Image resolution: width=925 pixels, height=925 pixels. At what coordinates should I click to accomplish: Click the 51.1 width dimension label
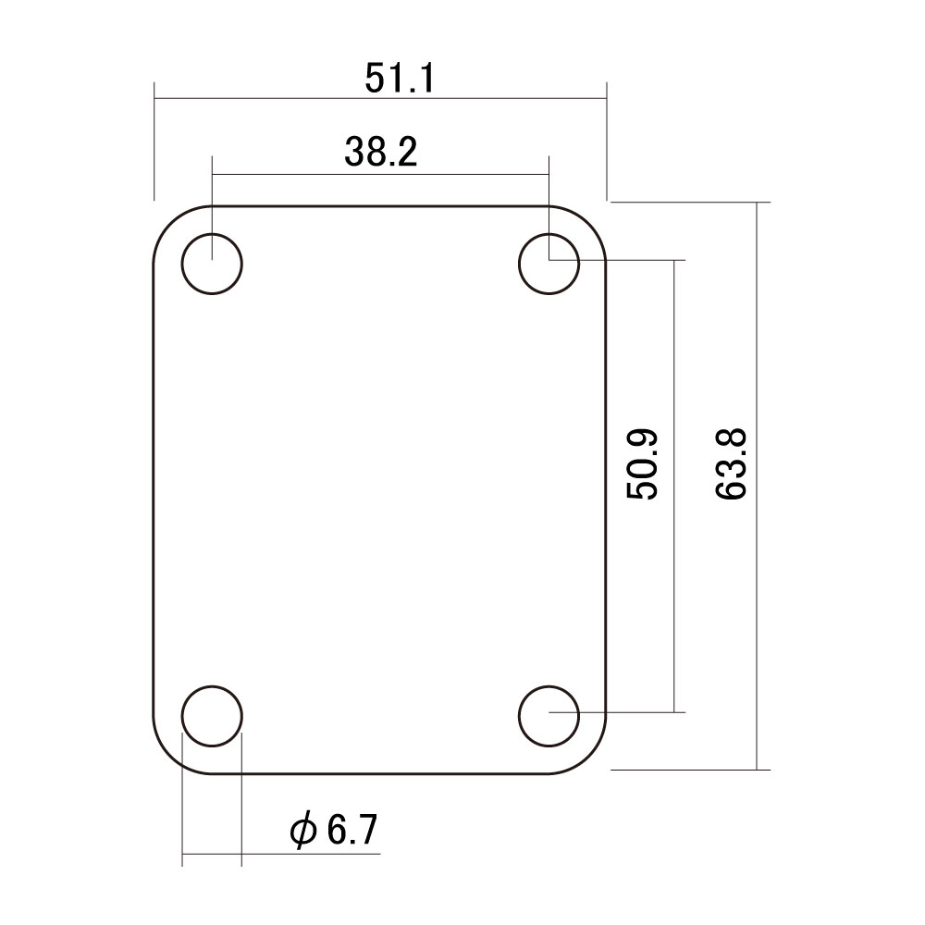pyautogui.click(x=400, y=78)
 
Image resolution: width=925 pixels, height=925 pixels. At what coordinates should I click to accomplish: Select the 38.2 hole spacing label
pyautogui.click(x=381, y=152)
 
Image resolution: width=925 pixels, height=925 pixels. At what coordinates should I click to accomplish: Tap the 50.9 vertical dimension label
pyautogui.click(x=642, y=464)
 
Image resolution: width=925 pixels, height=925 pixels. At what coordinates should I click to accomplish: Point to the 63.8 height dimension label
pyautogui.click(x=731, y=464)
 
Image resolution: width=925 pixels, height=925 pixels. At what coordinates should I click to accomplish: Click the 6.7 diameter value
pyautogui.click(x=351, y=830)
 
